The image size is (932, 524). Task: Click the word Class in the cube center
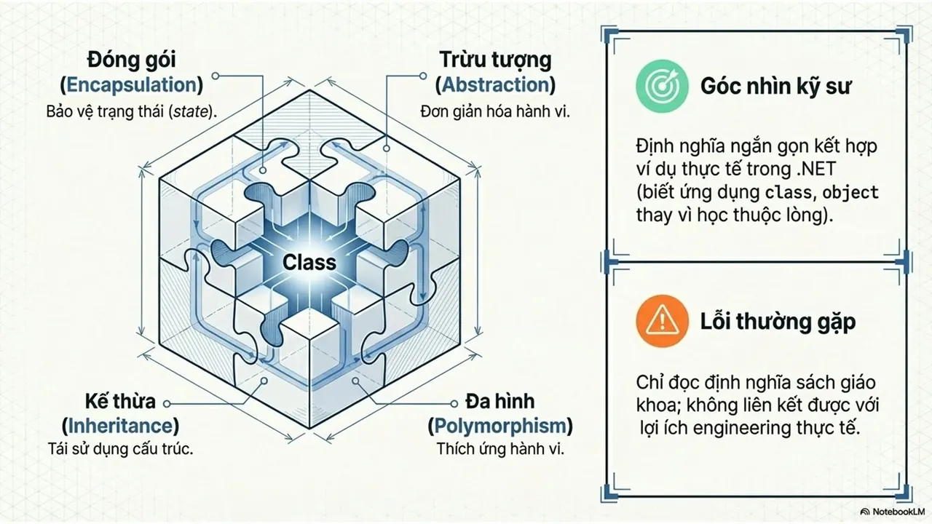pyautogui.click(x=309, y=263)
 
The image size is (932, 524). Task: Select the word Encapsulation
pyautogui.click(x=132, y=85)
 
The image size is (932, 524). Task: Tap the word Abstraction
pyautogui.click(x=496, y=85)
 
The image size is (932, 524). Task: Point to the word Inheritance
pyautogui.click(x=120, y=426)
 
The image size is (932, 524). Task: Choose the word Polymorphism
pyautogui.click(x=500, y=426)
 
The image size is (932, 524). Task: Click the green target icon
pyautogui.click(x=662, y=86)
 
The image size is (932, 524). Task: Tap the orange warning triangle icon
pyautogui.click(x=662, y=321)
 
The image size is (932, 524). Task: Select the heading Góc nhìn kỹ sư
pyautogui.click(x=776, y=87)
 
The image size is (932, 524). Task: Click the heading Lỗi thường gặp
pyautogui.click(x=778, y=322)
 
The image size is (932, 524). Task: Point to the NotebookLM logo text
pyautogui.click(x=896, y=512)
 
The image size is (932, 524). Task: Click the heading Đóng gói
pyautogui.click(x=132, y=60)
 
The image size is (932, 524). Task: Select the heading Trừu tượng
pyautogui.click(x=496, y=60)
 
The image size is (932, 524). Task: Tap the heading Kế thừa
pyautogui.click(x=120, y=401)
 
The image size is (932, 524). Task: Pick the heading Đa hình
pyautogui.click(x=499, y=401)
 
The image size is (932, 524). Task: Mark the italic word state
pyautogui.click(x=191, y=112)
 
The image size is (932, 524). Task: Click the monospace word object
pyautogui.click(x=850, y=193)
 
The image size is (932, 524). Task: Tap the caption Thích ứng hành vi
pyautogui.click(x=500, y=449)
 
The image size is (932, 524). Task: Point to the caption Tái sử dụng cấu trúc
pyautogui.click(x=120, y=449)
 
